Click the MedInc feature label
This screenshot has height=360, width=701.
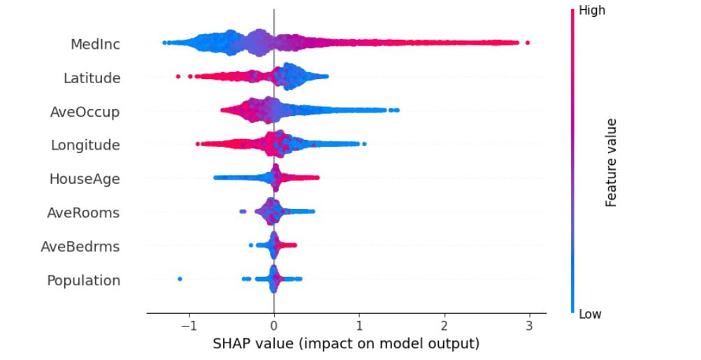(x=95, y=45)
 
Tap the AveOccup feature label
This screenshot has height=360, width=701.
(x=85, y=112)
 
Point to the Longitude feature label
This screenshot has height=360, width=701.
(x=85, y=145)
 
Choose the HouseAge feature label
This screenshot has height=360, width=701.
(x=85, y=179)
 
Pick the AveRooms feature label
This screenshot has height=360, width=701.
(x=83, y=213)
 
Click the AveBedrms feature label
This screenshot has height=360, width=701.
(x=80, y=246)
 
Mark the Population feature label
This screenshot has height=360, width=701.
(x=84, y=280)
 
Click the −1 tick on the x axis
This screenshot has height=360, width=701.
(x=187, y=326)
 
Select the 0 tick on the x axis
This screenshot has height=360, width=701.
(x=274, y=326)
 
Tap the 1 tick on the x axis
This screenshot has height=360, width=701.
(x=359, y=326)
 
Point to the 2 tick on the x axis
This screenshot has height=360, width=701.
(x=445, y=326)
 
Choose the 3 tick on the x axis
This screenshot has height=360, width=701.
(x=529, y=326)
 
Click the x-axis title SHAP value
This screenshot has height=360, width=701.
(x=345, y=344)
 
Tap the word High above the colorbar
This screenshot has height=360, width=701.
(x=592, y=10)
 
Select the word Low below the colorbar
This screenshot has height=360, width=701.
(x=591, y=314)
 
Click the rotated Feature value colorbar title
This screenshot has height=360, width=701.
(x=612, y=161)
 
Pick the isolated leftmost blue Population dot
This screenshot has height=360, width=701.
(x=180, y=279)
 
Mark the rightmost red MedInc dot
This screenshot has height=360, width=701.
(x=527, y=43)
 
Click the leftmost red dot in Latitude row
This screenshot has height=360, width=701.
(x=178, y=75)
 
